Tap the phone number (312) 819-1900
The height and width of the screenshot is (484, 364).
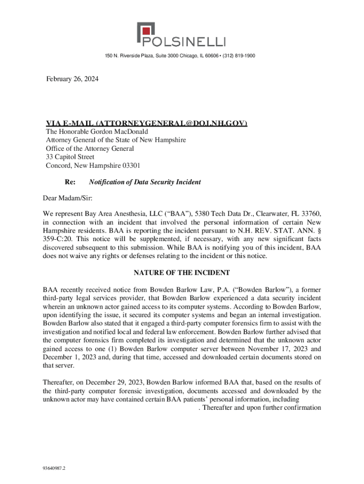click(x=239, y=56)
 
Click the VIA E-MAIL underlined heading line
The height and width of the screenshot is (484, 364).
click(x=147, y=123)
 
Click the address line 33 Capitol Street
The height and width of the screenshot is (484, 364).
click(x=70, y=157)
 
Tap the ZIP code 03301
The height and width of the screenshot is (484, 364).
click(x=130, y=165)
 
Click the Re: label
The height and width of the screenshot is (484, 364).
click(x=70, y=182)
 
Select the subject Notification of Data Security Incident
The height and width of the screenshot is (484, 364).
click(x=145, y=182)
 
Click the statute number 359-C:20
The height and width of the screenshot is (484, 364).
click(x=59, y=239)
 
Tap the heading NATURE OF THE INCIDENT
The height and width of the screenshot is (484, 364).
click(x=182, y=273)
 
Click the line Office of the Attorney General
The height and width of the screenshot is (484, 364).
click(x=90, y=148)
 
